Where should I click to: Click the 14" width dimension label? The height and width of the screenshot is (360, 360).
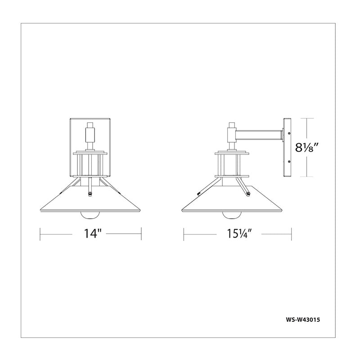(x=93, y=234)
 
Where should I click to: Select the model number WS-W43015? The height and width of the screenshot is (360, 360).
(x=302, y=319)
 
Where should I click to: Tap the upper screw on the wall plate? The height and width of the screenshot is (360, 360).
(x=289, y=133)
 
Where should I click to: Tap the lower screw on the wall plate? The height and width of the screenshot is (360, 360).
(x=289, y=162)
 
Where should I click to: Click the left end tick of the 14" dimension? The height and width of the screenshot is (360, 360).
(x=40, y=234)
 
